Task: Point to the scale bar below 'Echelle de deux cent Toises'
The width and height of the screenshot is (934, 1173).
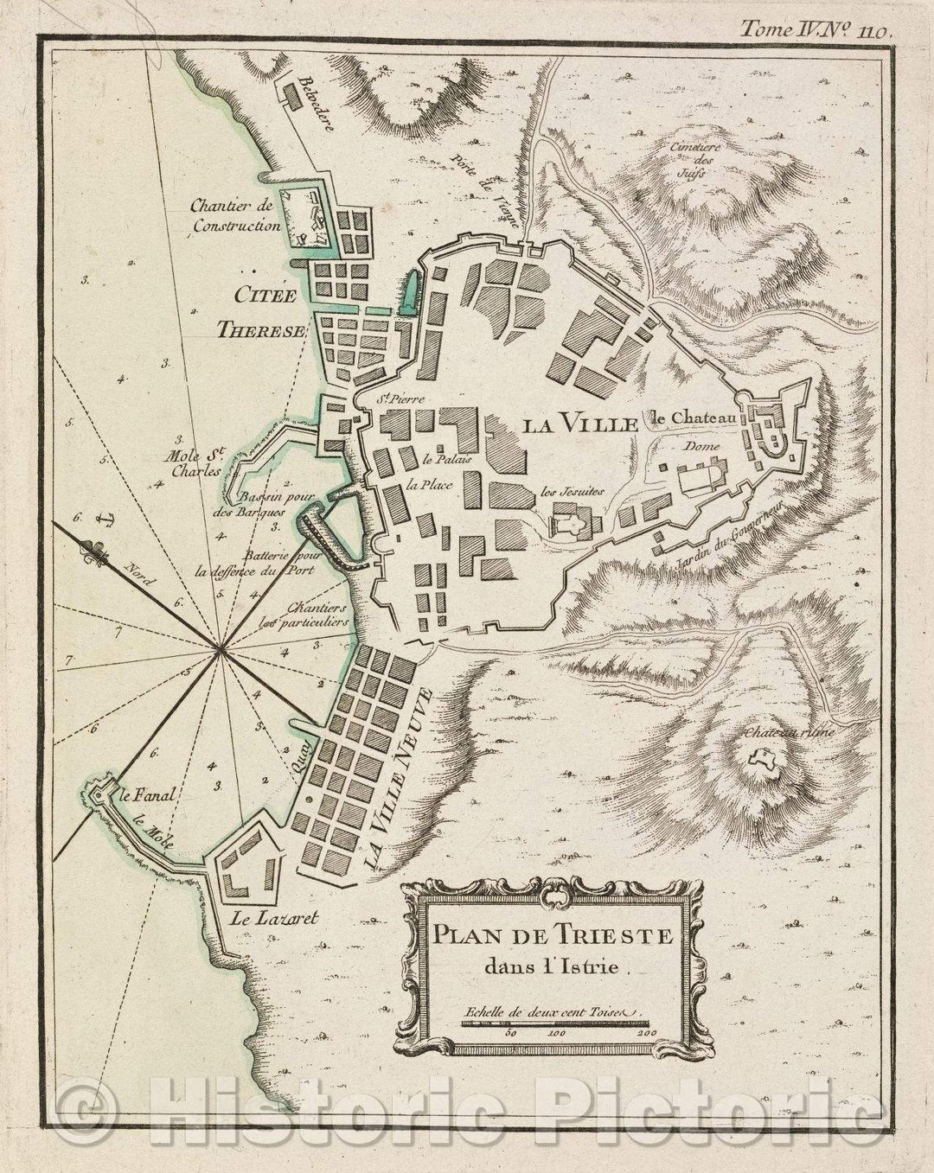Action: tap(553, 1025)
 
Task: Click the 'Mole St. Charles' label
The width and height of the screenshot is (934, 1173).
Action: tap(195, 457)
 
